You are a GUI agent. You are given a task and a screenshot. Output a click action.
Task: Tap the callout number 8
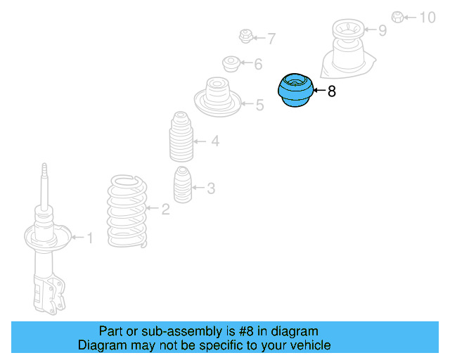tap(332, 91)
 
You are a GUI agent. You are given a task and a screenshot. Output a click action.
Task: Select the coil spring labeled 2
tap(127, 211)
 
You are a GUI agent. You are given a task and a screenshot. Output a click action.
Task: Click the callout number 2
tap(165, 209)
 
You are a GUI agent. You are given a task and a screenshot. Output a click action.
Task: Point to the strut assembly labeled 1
tap(46, 246)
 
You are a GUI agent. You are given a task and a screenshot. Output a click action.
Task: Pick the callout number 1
tap(89, 238)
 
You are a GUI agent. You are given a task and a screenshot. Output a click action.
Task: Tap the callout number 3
tap(211, 188)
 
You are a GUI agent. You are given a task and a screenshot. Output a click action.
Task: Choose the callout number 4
tap(215, 141)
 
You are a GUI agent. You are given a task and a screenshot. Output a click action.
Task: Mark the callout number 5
tap(259, 105)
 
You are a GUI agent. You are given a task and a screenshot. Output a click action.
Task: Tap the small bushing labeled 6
tap(231, 64)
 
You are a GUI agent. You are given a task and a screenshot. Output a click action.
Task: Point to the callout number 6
tap(258, 65)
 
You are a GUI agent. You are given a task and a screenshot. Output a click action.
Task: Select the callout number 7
tap(271, 39)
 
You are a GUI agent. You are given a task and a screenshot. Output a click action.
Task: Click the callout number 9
tap(382, 30)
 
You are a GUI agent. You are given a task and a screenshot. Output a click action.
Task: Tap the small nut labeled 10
tap(397, 16)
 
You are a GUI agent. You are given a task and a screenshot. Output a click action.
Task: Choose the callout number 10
tap(427, 17)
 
